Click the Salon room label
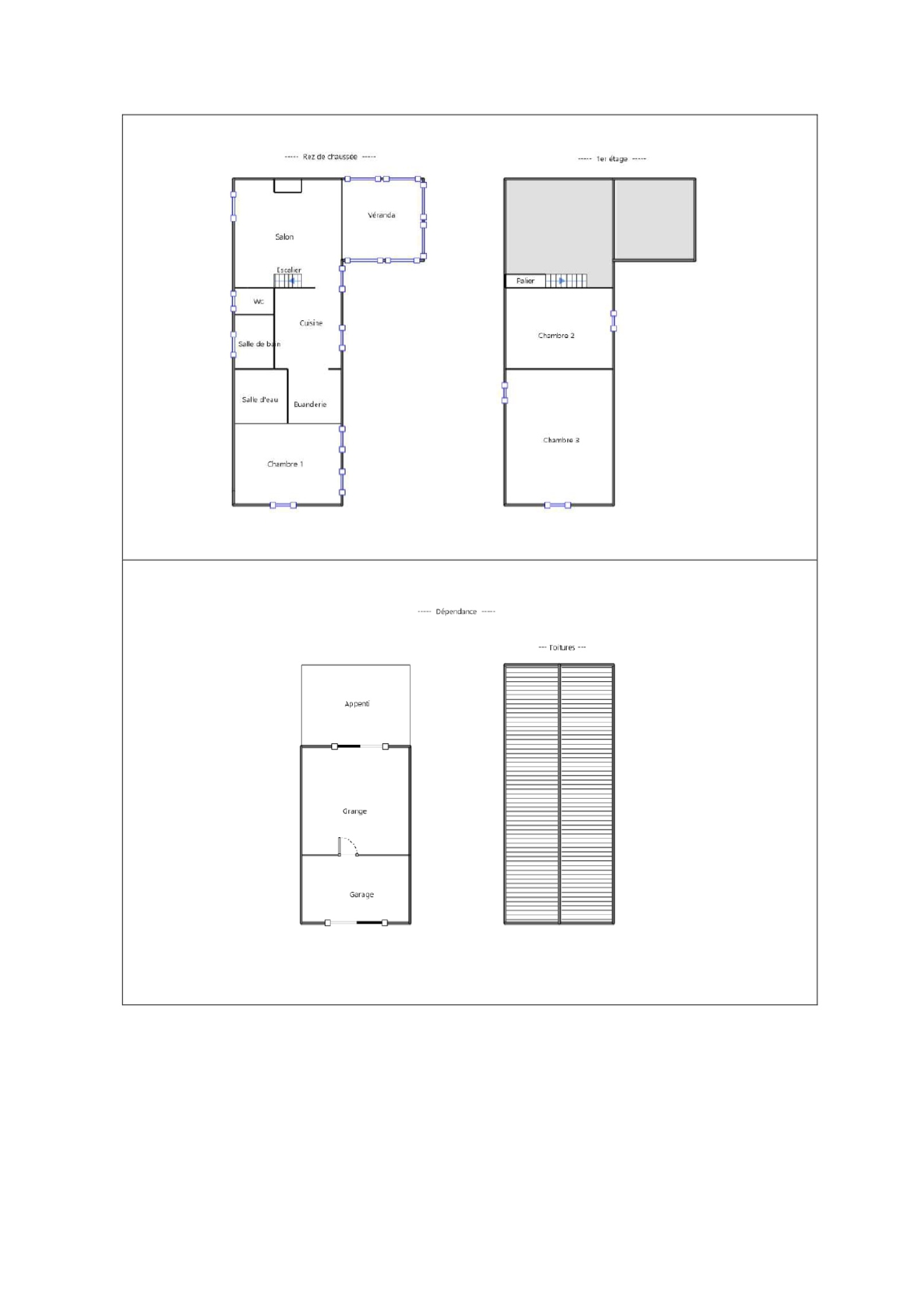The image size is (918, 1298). coord(284,236)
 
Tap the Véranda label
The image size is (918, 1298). coord(381,215)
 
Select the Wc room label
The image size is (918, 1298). coord(259,301)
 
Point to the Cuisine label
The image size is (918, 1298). coord(311,323)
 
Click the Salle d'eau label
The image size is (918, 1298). coord(260,399)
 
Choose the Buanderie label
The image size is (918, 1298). coord(310,404)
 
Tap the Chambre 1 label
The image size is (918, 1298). coord(285,464)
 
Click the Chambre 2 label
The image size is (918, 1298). coord(556,335)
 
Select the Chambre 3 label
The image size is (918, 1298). coord(561,440)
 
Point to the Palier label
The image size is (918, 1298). coord(525,281)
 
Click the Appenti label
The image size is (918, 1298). coord(357,704)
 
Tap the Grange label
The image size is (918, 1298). coord(355,811)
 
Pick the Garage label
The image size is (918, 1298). coord(361,894)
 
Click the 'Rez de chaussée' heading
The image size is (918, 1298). coord(330,157)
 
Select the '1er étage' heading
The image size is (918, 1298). coord(612,158)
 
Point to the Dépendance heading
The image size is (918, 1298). coord(456,611)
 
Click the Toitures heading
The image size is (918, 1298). coord(562,647)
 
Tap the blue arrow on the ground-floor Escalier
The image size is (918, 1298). coord(292,281)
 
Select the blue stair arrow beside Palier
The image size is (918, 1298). coord(562,281)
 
